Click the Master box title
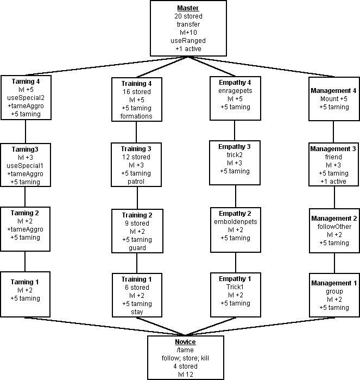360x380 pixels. pos(187,9)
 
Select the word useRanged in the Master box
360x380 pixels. pos(187,41)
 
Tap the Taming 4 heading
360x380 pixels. pos(26,82)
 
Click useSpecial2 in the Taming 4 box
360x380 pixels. pos(26,98)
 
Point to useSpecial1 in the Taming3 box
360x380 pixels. pos(26,165)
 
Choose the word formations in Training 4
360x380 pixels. pos(137,116)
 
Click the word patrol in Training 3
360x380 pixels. pos(137,181)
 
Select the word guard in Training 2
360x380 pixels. pos(137,248)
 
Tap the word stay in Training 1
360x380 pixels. pos(137,312)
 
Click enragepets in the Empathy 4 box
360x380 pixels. pos(235,91)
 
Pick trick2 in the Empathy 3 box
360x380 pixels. pos(235,155)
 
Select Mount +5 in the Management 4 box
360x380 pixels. pos(334,99)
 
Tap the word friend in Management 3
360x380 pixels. pos(334,157)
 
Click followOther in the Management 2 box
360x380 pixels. pos(334,226)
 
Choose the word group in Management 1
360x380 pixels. pos(334,291)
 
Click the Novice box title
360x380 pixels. pos(186,342)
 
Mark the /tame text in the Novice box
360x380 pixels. pos(186,350)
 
